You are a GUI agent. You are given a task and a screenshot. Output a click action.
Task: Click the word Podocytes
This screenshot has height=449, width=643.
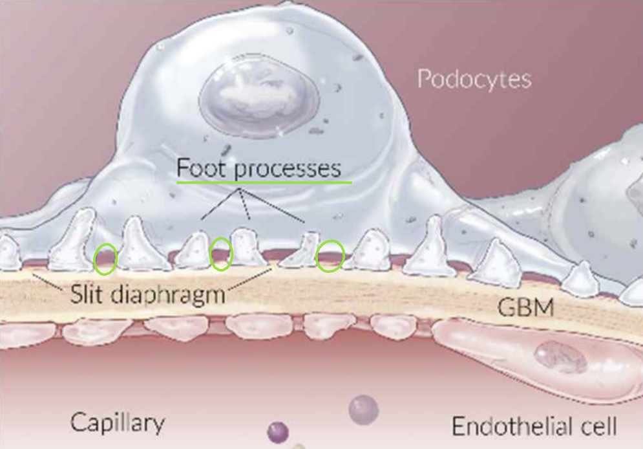pos(474,79)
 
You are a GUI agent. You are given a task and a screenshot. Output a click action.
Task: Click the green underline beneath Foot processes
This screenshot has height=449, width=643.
pos(264,182)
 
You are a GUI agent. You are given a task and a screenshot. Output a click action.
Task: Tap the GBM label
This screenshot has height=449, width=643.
pos(525,307)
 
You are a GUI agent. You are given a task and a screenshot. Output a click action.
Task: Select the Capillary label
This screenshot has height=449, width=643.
pos(117,423)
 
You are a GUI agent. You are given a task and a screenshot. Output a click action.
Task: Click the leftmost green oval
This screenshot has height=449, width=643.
pos(105,258)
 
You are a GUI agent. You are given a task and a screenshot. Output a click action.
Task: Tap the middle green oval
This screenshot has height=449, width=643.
pos(221,254)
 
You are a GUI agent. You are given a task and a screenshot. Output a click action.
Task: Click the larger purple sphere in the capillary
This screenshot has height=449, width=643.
pos(363,409)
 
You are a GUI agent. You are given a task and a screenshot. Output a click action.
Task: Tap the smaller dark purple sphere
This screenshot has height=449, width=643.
pos(277,432)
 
